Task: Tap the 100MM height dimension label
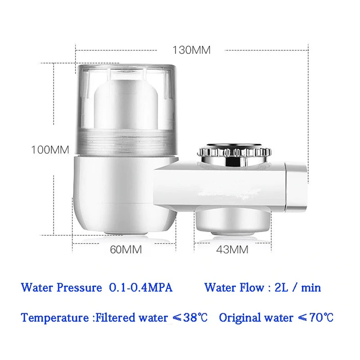[50, 149]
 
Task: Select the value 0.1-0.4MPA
[141, 288]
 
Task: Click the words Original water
[255, 318]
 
